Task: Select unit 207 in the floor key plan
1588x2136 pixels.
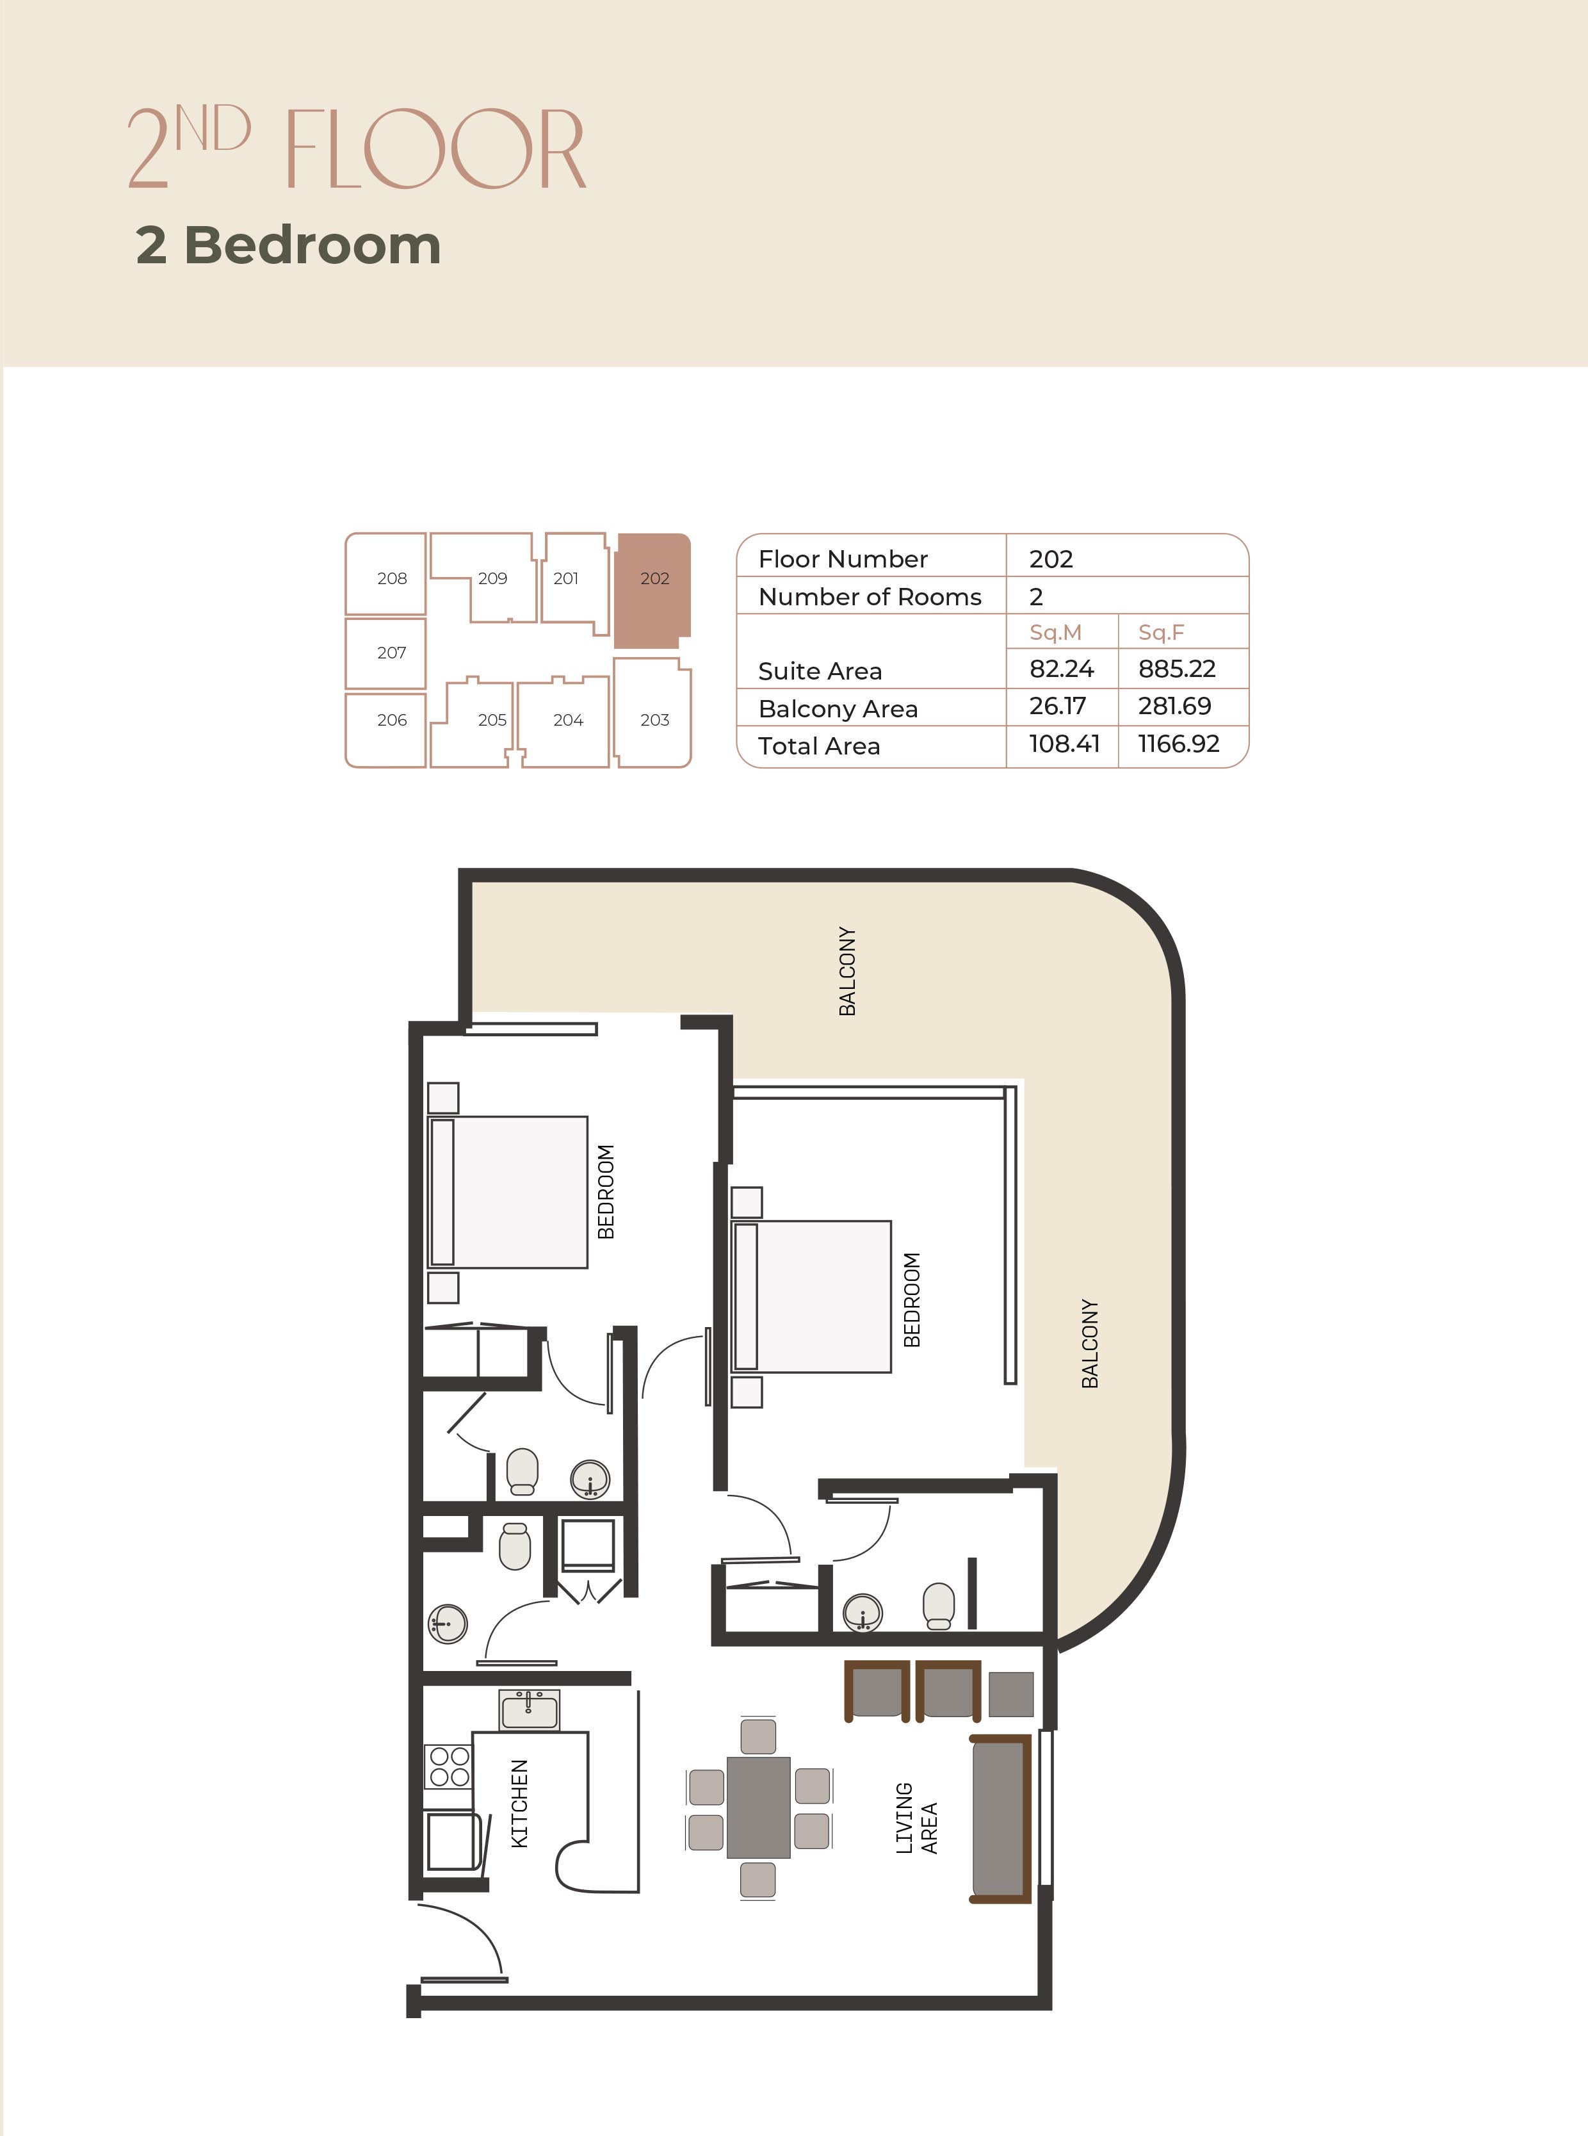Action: pyautogui.click(x=385, y=653)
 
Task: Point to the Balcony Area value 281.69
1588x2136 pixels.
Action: pyautogui.click(x=1174, y=706)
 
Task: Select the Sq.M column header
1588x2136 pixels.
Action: pyautogui.click(x=1055, y=633)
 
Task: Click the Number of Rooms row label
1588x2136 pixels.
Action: pyautogui.click(x=870, y=596)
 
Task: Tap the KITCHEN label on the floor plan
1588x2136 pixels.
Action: pyautogui.click(x=519, y=1804)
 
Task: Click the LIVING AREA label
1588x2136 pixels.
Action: pyautogui.click(x=916, y=1818)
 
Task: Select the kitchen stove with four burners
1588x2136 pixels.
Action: pyautogui.click(x=449, y=1767)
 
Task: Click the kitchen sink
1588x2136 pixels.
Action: pyautogui.click(x=530, y=1710)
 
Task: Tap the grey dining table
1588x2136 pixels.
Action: pyautogui.click(x=758, y=1807)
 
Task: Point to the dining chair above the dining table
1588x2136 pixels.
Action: pyautogui.click(x=758, y=1736)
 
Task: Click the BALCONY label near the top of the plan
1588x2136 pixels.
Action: pyautogui.click(x=847, y=971)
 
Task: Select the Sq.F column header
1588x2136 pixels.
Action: pyautogui.click(x=1161, y=633)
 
